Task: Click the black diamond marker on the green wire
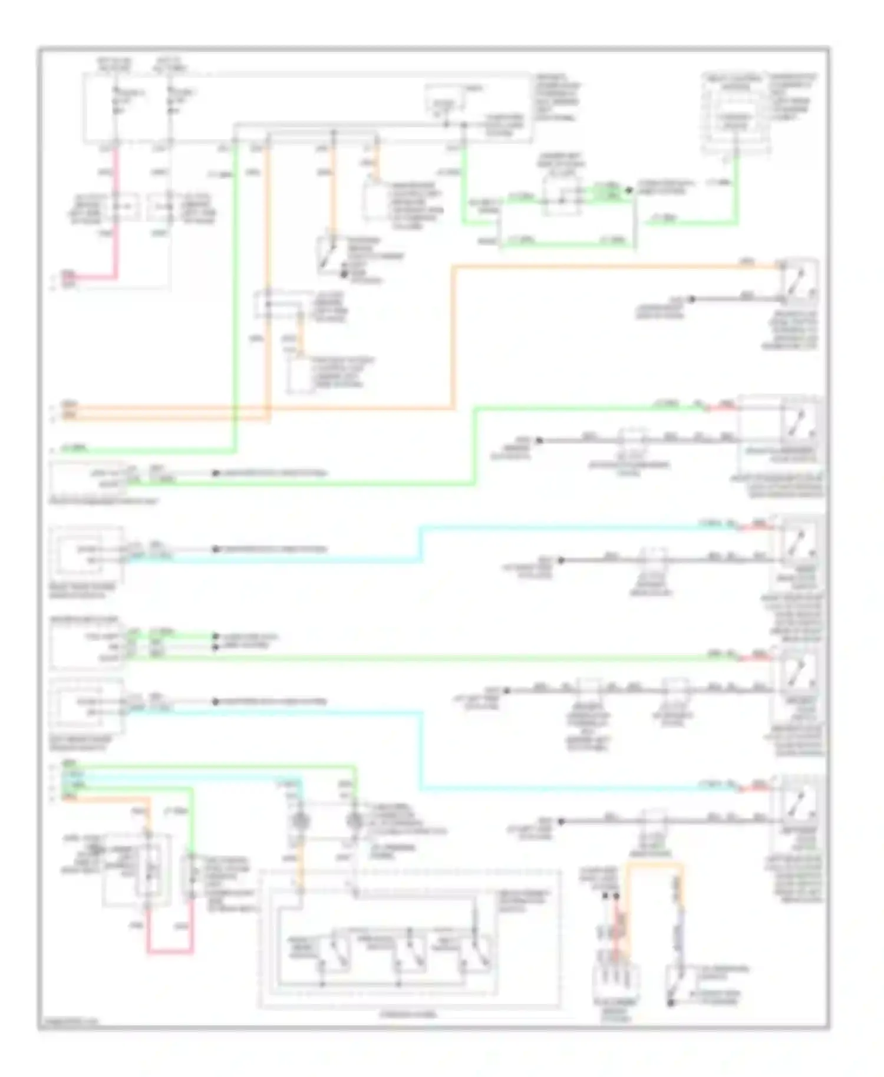[x=628, y=190]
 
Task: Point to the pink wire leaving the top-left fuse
[x=116, y=212]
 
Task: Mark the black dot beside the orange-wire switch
[x=692, y=299]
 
